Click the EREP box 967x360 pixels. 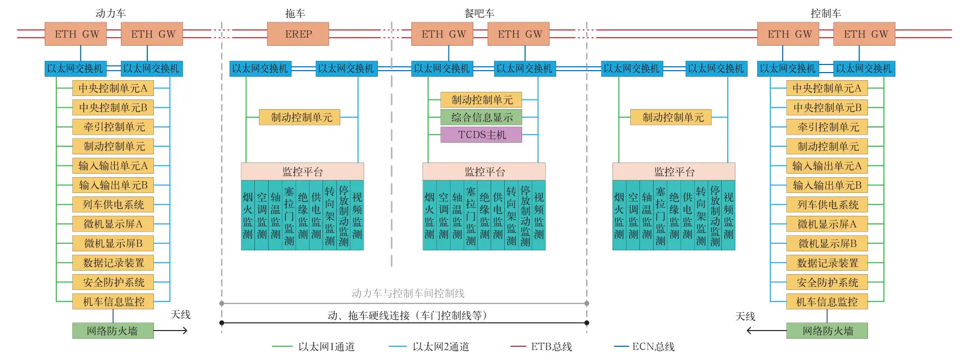pyautogui.click(x=298, y=34)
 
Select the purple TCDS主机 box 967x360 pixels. pyautogui.click(x=481, y=135)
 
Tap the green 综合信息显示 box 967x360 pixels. pyautogui.click(x=481, y=117)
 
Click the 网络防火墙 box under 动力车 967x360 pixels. pyautogui.click(x=113, y=331)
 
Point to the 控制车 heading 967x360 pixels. pyautogui.click(x=826, y=13)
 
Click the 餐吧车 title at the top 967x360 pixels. pyautogui.click(x=479, y=13)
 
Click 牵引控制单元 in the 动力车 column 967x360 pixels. pyautogui.click(x=113, y=127)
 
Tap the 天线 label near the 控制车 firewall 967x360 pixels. pyautogui.click(x=745, y=316)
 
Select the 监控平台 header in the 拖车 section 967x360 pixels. pyautogui.click(x=302, y=172)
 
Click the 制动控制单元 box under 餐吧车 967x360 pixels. pyautogui.click(x=481, y=100)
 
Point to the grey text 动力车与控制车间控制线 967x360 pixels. pyautogui.click(x=408, y=293)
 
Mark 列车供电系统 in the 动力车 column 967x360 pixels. pyautogui.click(x=113, y=205)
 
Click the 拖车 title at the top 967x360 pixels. pyautogui.click(x=295, y=13)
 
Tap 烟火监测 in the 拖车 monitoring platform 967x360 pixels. pyautogui.click(x=247, y=215)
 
